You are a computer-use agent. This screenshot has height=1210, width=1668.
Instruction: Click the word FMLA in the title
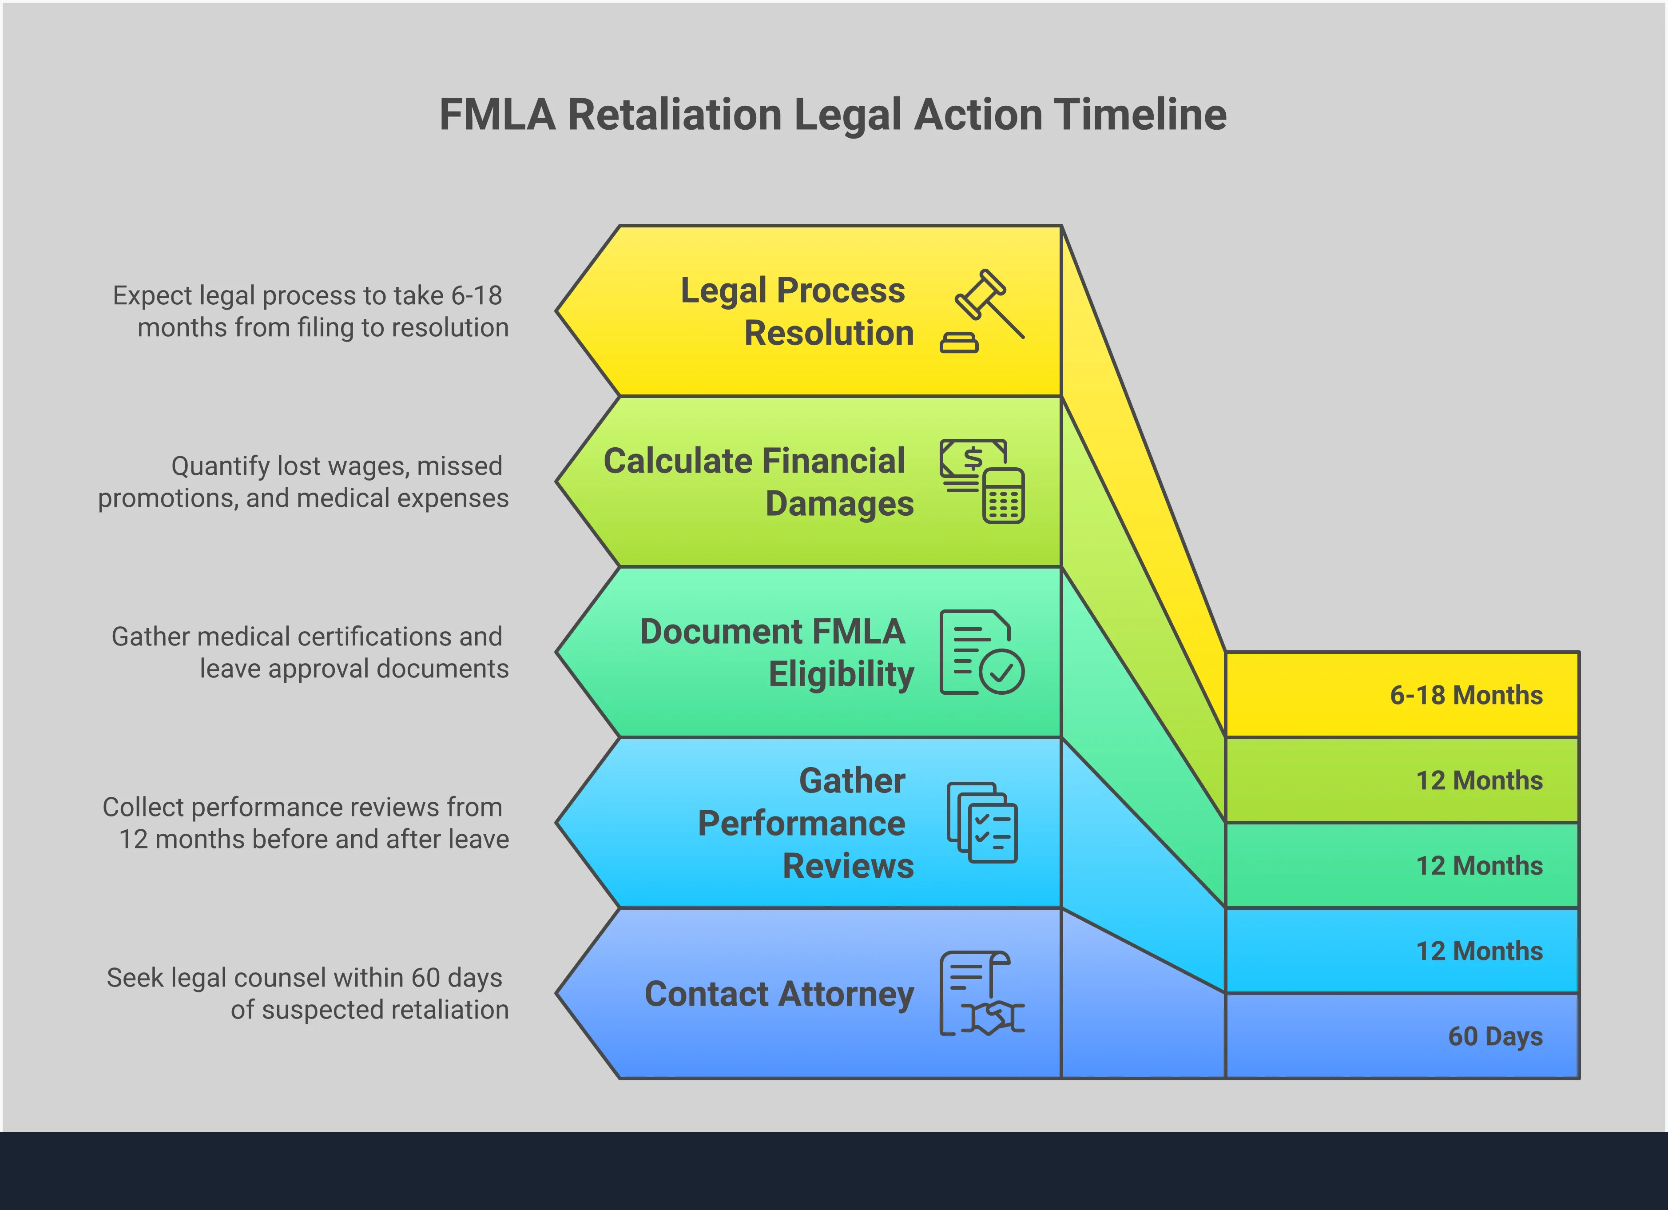point(497,115)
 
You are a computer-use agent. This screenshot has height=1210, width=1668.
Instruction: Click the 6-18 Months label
point(1466,695)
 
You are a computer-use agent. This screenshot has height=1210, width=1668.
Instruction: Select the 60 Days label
point(1495,1036)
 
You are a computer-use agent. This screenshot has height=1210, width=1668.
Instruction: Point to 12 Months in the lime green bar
point(1479,780)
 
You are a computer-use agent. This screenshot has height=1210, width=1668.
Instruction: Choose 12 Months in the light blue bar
point(1479,951)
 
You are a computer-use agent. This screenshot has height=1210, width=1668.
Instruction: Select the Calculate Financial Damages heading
point(758,482)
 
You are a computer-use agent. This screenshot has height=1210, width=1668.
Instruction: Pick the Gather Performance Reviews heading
point(805,823)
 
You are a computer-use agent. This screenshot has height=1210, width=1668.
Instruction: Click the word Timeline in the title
point(1140,115)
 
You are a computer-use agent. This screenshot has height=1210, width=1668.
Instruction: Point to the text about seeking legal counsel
point(307,994)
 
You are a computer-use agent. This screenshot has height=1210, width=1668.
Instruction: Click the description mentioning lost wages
point(303,482)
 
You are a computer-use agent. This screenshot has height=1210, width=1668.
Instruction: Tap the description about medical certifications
point(310,653)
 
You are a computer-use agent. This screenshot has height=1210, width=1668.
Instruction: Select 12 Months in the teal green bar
point(1479,866)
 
